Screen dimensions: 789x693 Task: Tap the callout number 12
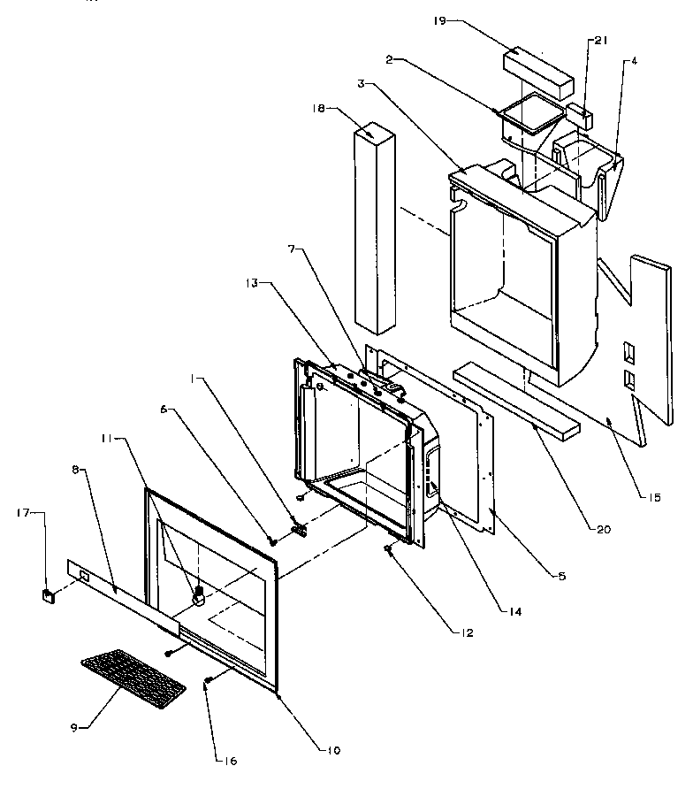click(x=466, y=632)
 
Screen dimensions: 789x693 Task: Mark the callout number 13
click(x=251, y=283)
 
